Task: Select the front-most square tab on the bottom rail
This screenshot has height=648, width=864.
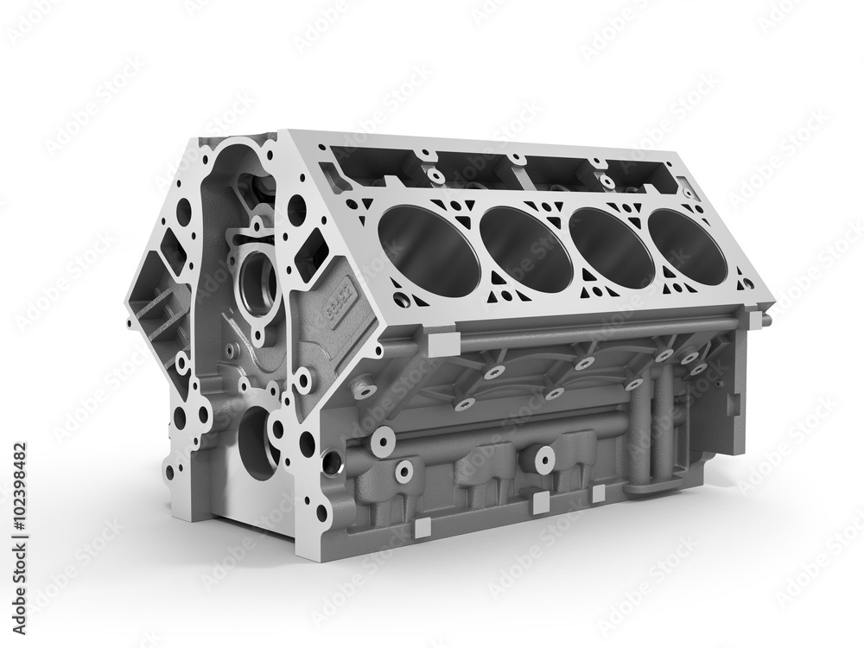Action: pyautogui.click(x=422, y=525)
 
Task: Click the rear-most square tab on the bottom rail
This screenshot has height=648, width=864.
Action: pyautogui.click(x=598, y=493)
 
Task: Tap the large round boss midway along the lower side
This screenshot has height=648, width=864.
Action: pyautogui.click(x=544, y=460)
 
